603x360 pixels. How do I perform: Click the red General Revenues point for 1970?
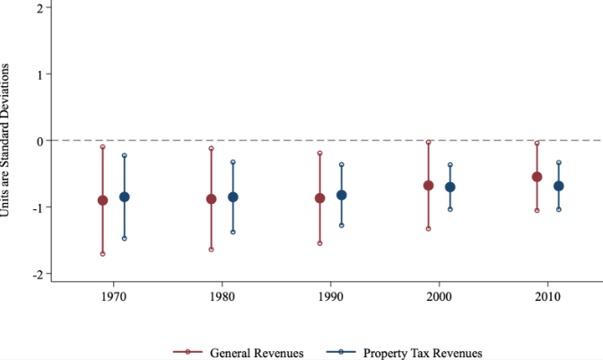pyautogui.click(x=102, y=200)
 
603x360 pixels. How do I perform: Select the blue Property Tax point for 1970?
pyautogui.click(x=125, y=197)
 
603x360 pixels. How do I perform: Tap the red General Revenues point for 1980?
pyautogui.click(x=212, y=198)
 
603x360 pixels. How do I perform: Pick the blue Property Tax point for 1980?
pyautogui.click(x=233, y=197)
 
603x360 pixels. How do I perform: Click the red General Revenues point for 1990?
pyautogui.click(x=319, y=198)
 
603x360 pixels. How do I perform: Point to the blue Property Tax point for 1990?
pyautogui.click(x=342, y=195)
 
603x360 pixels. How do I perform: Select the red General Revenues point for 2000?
pyautogui.click(x=429, y=185)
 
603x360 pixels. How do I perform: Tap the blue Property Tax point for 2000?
pyautogui.click(x=450, y=187)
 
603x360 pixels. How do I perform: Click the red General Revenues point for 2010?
pyautogui.click(x=537, y=177)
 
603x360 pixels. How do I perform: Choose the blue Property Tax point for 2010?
pyautogui.click(x=559, y=186)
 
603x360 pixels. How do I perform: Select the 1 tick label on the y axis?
pyautogui.click(x=39, y=74)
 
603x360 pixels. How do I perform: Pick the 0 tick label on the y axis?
pyautogui.click(x=39, y=141)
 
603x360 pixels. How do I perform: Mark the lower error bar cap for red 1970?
pyautogui.click(x=102, y=254)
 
